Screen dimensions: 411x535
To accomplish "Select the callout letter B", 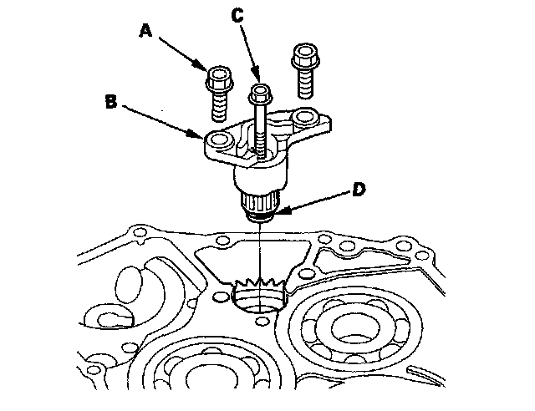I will (x=111, y=104).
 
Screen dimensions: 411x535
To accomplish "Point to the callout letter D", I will (x=357, y=190).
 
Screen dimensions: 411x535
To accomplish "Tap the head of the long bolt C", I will (x=260, y=89).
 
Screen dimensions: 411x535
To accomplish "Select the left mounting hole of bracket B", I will (x=222, y=140).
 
